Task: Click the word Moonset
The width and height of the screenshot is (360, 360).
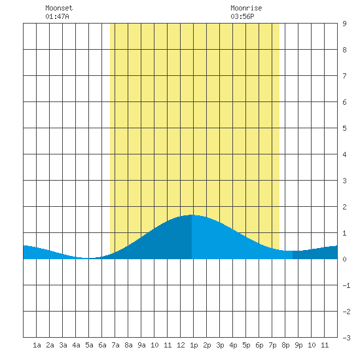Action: [59, 8]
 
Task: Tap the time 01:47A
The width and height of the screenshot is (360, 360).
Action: [57, 16]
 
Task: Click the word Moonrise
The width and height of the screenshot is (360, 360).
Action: [246, 8]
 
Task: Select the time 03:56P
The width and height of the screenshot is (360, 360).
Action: [242, 16]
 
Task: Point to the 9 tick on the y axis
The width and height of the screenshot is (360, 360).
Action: [344, 24]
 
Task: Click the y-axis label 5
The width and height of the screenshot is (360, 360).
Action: [344, 128]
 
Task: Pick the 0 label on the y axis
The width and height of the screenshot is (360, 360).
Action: [344, 259]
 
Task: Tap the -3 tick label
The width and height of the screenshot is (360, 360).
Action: [346, 338]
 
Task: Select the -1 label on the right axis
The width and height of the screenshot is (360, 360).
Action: [346, 285]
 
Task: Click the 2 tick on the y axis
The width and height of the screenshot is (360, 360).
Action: [344, 207]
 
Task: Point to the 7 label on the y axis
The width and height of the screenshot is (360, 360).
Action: [344, 76]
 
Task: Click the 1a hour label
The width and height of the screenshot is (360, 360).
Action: [37, 345]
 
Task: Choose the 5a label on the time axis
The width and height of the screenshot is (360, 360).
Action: [89, 345]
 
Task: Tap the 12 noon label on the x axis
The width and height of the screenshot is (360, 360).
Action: [181, 345]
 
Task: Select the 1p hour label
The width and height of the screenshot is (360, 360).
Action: [194, 345]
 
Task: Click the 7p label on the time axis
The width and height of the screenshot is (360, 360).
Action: [272, 345]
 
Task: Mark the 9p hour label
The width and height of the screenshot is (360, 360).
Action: [298, 345]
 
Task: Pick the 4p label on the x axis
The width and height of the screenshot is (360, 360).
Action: [233, 345]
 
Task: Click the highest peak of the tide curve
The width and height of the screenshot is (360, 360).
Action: [192, 215]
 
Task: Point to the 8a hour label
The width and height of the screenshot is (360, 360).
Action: [128, 345]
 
